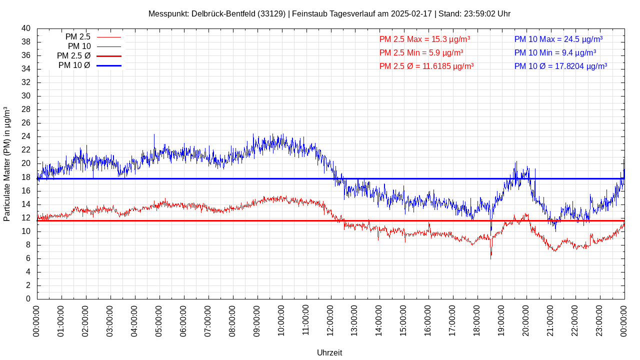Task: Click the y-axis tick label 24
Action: [x=26, y=136]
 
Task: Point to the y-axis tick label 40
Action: [x=26, y=28]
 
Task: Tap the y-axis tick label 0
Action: [x=28, y=299]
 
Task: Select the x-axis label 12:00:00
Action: [x=330, y=320]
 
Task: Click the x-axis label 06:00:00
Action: [x=183, y=320]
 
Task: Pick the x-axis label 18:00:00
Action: [x=477, y=320]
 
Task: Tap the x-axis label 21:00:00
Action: [x=550, y=320]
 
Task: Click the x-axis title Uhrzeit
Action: [x=329, y=352]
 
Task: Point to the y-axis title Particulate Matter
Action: [x=7, y=164]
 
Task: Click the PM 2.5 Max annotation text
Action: [x=424, y=39]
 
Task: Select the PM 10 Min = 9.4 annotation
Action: [x=555, y=52]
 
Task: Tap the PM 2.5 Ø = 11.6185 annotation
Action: [x=426, y=66]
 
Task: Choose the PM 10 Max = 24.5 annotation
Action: [x=558, y=39]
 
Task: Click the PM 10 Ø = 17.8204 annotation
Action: [x=560, y=66]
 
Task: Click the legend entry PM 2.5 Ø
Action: [x=73, y=56]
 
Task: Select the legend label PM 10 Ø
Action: [x=74, y=65]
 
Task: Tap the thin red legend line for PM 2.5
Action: [x=108, y=37]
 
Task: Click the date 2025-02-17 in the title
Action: [x=411, y=14]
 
